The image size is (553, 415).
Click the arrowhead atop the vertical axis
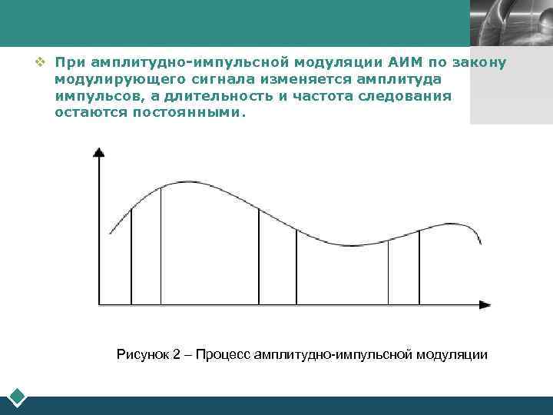point(98,152)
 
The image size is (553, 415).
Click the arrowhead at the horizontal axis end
point(484,305)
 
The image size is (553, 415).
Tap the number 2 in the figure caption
point(177,354)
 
